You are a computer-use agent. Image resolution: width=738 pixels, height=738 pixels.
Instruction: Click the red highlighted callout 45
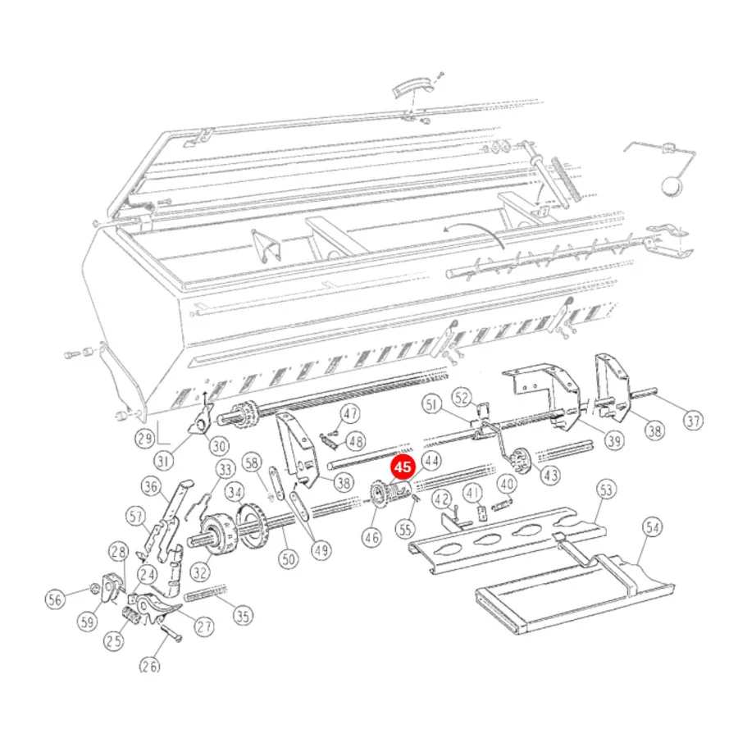coord(403,467)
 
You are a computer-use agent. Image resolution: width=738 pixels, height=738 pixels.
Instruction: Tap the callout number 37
coord(693,421)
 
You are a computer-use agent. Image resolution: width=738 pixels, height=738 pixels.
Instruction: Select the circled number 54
coord(653,527)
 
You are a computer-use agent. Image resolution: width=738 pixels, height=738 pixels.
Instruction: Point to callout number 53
coord(606,490)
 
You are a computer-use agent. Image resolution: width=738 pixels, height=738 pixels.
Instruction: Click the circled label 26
coord(150,666)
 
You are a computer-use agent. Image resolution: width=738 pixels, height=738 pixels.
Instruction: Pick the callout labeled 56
coord(55,599)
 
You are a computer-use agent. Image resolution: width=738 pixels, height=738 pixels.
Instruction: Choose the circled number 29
coord(144,439)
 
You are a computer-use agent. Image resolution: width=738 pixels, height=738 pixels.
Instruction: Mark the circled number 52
coord(462,398)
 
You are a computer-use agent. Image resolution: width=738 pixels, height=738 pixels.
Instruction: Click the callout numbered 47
coord(350,414)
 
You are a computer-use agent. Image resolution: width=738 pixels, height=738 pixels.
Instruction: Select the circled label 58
coord(252,462)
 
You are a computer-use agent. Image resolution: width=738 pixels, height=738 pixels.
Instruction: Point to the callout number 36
coord(151,486)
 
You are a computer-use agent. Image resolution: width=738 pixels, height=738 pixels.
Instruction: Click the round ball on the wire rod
coord(671,185)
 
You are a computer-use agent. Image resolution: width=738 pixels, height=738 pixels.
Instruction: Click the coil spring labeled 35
coord(206,593)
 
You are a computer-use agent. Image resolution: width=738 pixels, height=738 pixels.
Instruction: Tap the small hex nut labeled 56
coord(93,588)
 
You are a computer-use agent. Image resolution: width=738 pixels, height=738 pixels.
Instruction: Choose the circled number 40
coord(507,484)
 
